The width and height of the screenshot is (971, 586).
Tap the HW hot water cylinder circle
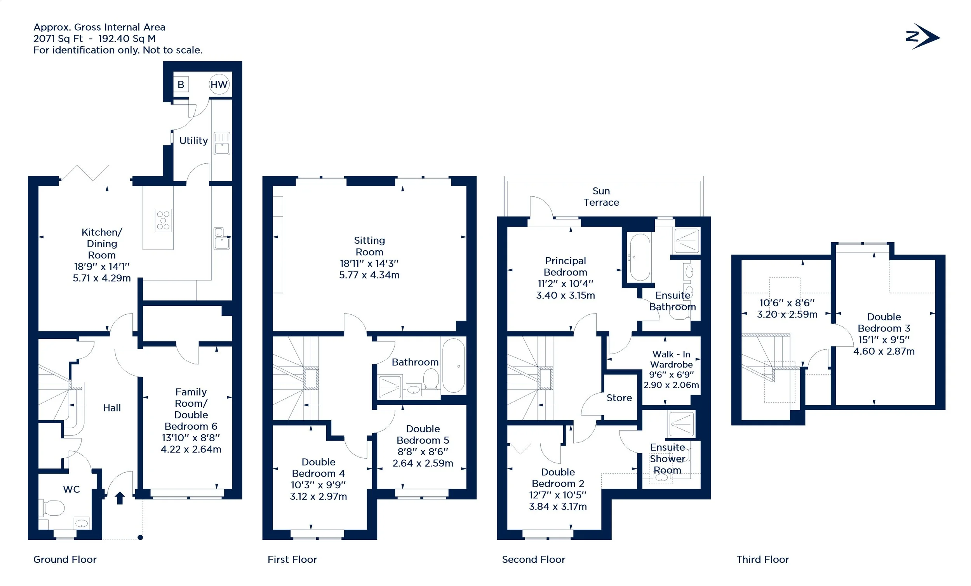click(x=219, y=84)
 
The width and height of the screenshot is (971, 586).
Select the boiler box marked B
click(x=181, y=84)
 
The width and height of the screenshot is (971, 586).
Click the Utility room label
click(x=193, y=140)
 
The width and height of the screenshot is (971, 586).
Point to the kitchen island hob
click(x=163, y=220)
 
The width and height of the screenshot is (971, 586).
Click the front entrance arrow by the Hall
click(x=120, y=498)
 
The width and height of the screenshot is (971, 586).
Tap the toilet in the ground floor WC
click(x=52, y=508)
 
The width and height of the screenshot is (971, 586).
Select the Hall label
click(x=112, y=408)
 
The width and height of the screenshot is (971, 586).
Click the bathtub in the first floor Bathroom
click(x=454, y=366)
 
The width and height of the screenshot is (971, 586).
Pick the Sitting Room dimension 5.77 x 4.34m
click(x=369, y=275)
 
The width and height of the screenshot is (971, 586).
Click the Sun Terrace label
click(x=601, y=196)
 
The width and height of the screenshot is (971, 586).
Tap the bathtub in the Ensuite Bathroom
click(x=640, y=257)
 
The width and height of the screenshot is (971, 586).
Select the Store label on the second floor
click(x=619, y=398)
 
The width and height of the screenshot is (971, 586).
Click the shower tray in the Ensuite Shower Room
click(x=681, y=425)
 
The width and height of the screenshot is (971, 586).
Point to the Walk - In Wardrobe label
click(x=671, y=359)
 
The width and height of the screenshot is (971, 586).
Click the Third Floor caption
click(x=762, y=559)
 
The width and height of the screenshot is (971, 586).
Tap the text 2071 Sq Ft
click(x=58, y=38)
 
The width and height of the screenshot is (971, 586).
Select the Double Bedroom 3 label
click(x=884, y=322)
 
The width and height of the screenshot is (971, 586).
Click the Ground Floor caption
click(x=64, y=559)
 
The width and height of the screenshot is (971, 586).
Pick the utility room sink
click(x=222, y=144)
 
